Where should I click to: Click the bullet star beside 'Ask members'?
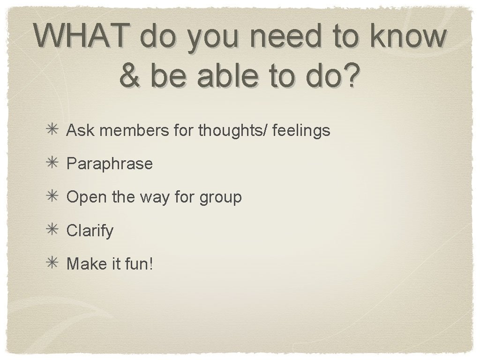pyautogui.click(x=52, y=130)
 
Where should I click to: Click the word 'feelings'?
pyautogui.click(x=301, y=131)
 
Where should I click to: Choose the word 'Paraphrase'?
pyautogui.click(x=110, y=164)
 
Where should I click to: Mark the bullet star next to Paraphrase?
pyautogui.click(x=52, y=163)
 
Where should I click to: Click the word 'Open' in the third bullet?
pyautogui.click(x=87, y=197)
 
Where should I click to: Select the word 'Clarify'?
pyautogui.click(x=90, y=231)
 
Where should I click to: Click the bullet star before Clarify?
pyautogui.click(x=52, y=230)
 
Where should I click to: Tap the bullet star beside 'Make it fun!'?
pyautogui.click(x=52, y=263)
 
